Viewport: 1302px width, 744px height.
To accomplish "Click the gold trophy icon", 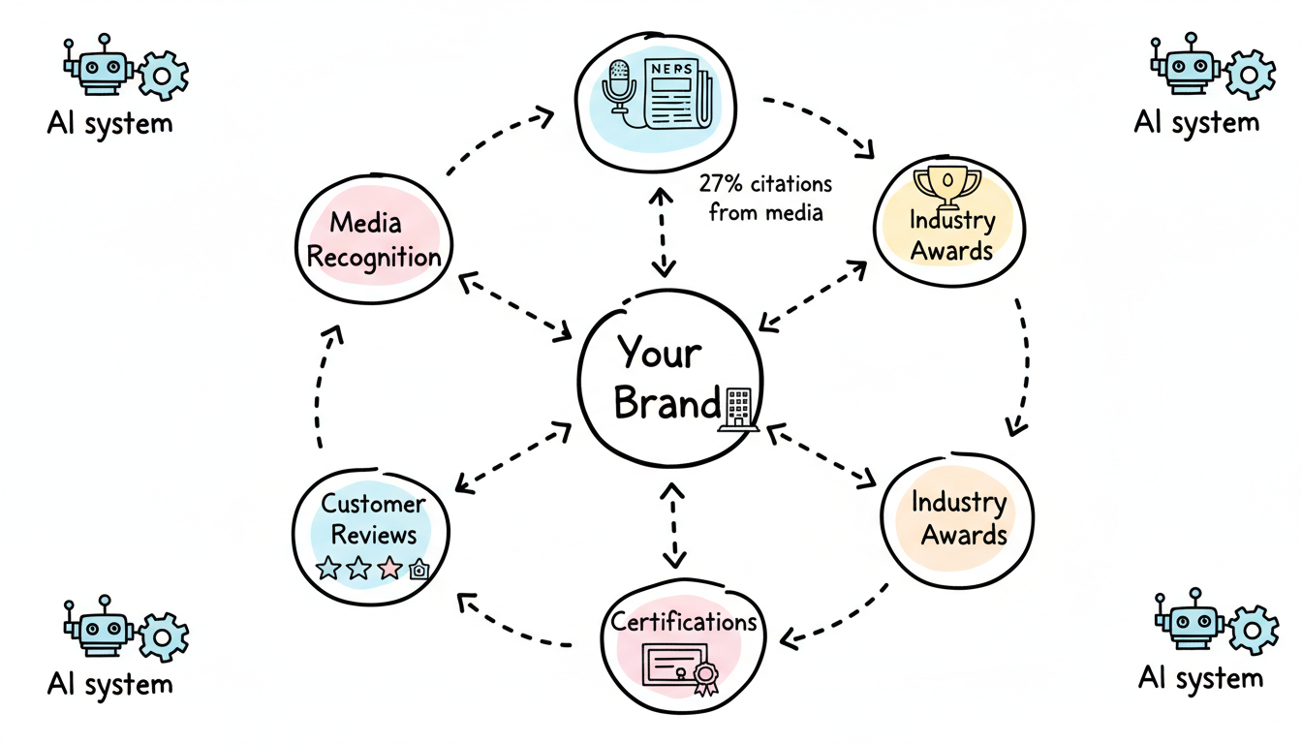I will tap(947, 183).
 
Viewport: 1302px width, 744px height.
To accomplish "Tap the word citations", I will tap(787, 183).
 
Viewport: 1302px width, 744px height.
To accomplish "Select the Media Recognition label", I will tap(373, 240).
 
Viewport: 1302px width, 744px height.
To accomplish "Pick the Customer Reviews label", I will tap(372, 519).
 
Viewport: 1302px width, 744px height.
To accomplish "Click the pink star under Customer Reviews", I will tap(389, 569).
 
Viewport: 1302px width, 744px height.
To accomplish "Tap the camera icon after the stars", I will tap(418, 570).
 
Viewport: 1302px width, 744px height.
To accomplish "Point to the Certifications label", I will tap(683, 621).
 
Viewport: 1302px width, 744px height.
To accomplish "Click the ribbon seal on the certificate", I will tap(703, 679).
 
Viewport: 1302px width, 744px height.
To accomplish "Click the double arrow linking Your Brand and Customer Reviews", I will tap(514, 455).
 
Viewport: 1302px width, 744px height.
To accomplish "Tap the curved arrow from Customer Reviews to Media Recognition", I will tap(322, 387).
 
